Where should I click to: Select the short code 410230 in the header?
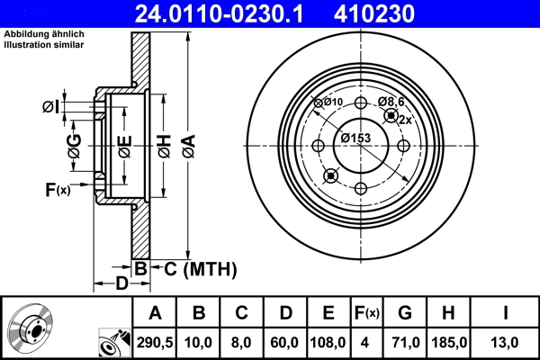tap(407, 13)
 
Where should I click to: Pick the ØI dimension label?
tap(51, 107)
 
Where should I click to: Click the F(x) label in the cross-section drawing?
tap(58, 189)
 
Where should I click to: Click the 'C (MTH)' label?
tap(193, 267)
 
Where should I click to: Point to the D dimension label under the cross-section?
tap(121, 284)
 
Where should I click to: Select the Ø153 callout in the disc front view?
tap(356, 138)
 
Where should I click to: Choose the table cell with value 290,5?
tap(156, 342)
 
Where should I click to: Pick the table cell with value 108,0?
tap(328, 342)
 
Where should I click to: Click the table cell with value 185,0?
tap(447, 342)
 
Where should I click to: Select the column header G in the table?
tap(404, 312)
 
